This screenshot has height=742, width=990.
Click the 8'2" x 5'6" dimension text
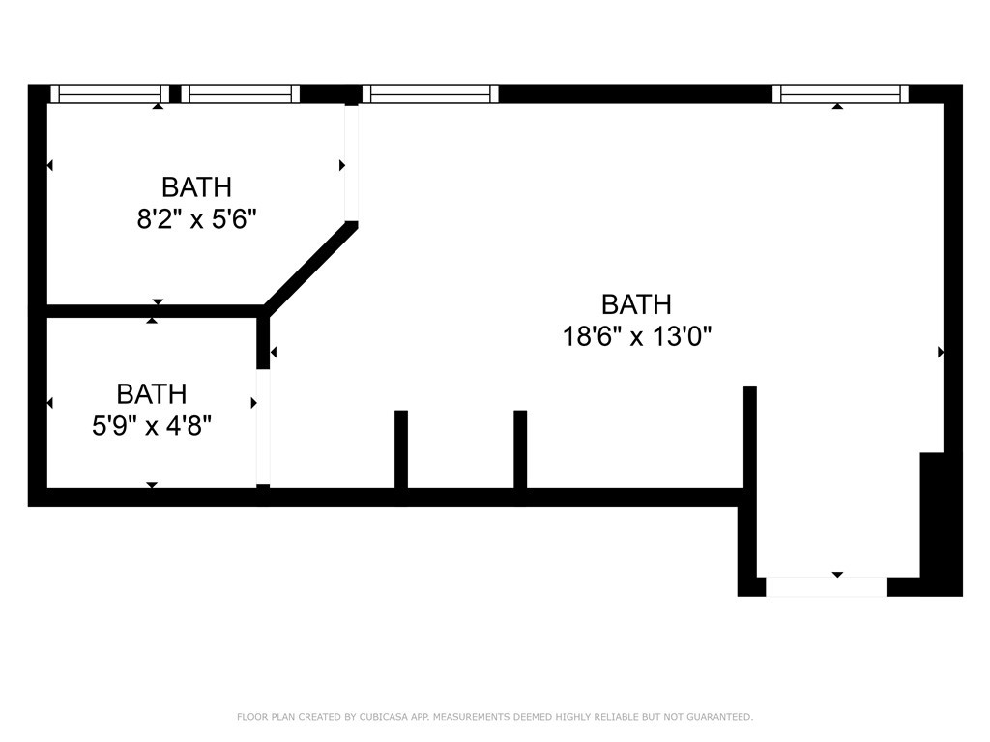coord(197,220)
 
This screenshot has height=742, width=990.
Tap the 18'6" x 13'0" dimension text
coord(637,336)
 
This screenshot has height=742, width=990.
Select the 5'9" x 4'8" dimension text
coord(152,426)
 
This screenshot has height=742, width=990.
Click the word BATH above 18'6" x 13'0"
coord(636,304)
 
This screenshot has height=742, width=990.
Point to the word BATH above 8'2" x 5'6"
coord(197,187)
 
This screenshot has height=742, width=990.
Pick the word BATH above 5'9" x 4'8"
coord(152,394)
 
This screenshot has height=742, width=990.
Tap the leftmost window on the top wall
coord(110,94)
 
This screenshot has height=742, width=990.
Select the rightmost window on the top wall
coord(840,94)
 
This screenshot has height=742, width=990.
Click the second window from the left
coord(241,94)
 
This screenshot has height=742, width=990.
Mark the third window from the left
coord(430,94)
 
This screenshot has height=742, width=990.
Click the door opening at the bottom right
coord(826,586)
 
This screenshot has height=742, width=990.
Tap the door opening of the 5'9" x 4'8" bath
coord(263,427)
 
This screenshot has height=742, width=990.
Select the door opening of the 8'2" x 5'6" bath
coord(351,162)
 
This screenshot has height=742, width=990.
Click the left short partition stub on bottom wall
coord(401,449)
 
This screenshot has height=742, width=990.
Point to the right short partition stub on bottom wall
coord(520,449)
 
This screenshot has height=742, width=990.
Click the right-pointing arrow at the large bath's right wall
coord(941,352)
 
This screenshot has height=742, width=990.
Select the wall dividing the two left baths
coord(156,311)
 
